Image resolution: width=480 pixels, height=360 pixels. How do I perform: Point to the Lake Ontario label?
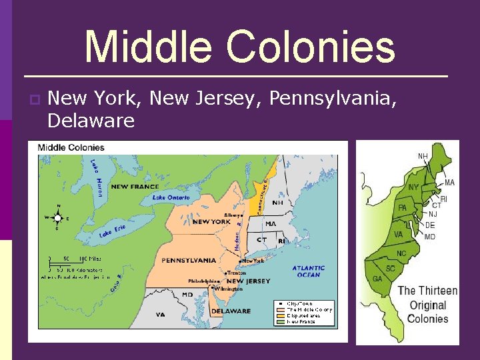click(x=171, y=197)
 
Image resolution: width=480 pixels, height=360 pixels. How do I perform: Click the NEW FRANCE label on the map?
click(x=135, y=187)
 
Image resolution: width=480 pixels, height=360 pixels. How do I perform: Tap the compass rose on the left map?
click(x=59, y=217)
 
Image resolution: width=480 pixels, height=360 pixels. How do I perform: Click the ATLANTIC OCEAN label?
click(x=309, y=271)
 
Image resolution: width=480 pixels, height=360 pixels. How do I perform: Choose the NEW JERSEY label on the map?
click(x=249, y=281)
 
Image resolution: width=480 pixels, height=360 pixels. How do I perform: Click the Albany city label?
click(x=233, y=215)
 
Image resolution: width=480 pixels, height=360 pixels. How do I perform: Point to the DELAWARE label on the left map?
click(x=231, y=311)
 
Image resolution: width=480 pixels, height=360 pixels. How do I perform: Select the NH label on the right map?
click(x=423, y=156)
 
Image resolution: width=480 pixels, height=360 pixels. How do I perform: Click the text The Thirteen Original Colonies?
click(x=427, y=304)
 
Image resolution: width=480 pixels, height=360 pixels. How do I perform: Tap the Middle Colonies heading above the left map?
click(x=71, y=147)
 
